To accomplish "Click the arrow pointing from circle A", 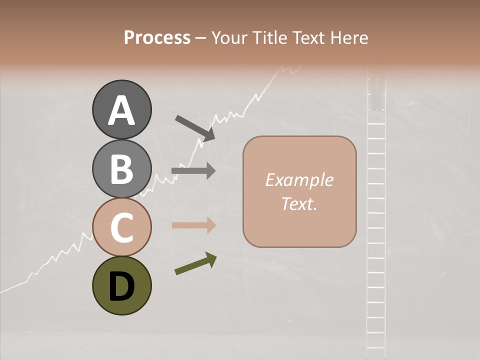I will (x=195, y=127).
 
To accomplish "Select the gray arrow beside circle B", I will (x=193, y=171).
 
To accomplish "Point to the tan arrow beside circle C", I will (x=193, y=225).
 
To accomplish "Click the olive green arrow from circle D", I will (x=195, y=263).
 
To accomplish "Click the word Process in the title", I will (x=157, y=37).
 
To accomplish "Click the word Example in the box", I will (x=299, y=180).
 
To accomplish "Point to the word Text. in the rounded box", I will (x=299, y=204).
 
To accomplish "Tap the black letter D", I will (x=122, y=287).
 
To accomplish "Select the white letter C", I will (x=122, y=228).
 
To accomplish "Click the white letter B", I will (x=122, y=169).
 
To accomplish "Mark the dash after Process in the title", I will (x=201, y=38).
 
